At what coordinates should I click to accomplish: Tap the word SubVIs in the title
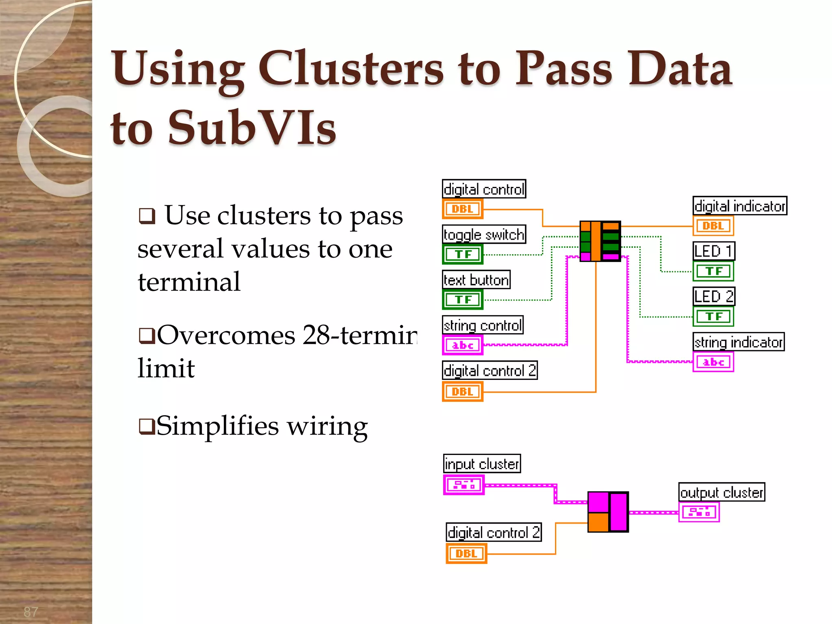(252, 128)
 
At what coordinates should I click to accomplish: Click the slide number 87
(31, 611)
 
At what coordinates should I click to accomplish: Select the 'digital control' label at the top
(484, 189)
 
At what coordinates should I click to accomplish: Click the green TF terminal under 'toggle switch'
(463, 254)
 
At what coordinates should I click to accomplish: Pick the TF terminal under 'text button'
(463, 300)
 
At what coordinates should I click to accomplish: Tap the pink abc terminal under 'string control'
(463, 345)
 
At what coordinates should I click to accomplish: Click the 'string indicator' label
(738, 342)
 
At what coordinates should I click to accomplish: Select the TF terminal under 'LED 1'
(713, 271)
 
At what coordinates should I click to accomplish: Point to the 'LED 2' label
(714, 297)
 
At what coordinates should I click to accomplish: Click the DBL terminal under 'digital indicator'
(713, 226)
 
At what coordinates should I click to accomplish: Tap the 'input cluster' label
(482, 464)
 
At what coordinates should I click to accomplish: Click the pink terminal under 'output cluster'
(699, 512)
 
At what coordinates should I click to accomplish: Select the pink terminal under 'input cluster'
(464, 485)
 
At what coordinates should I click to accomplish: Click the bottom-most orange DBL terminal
(466, 554)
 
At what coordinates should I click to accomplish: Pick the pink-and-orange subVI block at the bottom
(608, 512)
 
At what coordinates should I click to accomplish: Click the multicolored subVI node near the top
(600, 241)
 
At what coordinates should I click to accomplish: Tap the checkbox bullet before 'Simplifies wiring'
(146, 427)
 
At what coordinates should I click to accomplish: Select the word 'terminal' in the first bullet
(189, 282)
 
